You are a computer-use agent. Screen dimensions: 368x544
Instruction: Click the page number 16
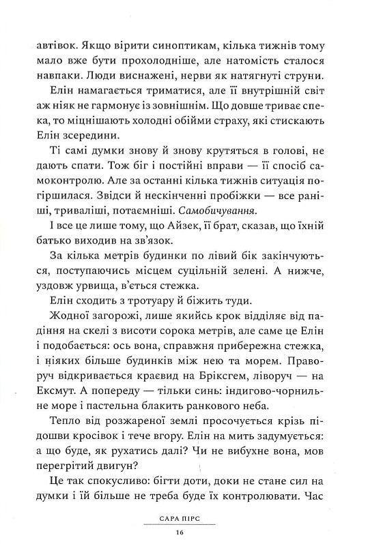(180, 532)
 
